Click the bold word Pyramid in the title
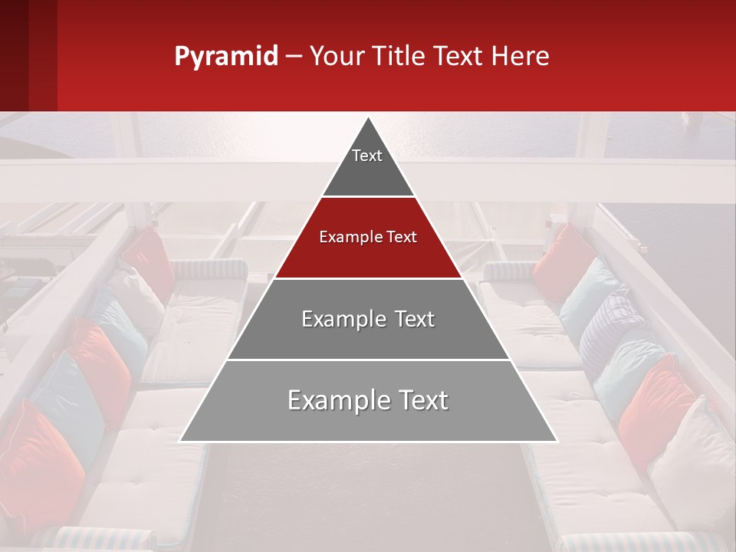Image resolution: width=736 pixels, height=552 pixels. coord(226,57)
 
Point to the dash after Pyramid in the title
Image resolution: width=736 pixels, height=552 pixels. coord(294,57)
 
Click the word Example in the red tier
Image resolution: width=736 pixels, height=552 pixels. coord(346,237)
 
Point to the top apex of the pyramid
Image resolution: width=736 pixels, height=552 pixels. coord(368,119)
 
